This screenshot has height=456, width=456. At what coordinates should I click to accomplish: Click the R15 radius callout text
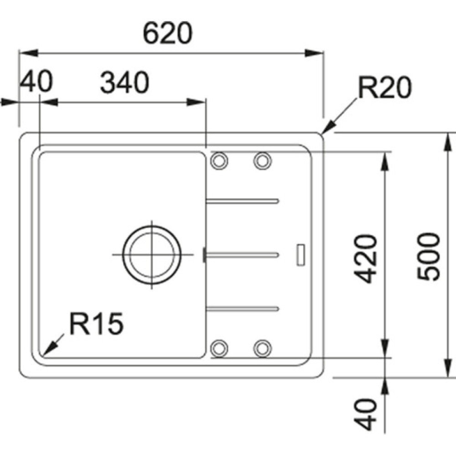96,324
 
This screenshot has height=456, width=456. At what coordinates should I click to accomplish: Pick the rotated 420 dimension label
367,258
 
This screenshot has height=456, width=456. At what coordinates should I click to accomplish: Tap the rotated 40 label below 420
367,414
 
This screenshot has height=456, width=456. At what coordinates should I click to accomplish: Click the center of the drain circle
152,254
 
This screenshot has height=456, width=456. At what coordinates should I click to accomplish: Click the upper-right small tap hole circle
262,160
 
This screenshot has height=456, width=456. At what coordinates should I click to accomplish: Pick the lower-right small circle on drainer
262,348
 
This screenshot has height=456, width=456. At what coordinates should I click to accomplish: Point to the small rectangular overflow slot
301,254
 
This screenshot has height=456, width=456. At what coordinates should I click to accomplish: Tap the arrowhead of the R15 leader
46,350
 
